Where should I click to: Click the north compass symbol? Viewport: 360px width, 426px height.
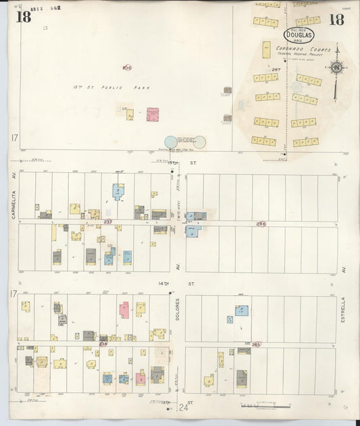pos(336,66)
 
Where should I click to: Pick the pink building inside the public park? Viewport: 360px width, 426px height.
pos(153,114)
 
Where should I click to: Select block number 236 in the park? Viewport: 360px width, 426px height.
pos(126,67)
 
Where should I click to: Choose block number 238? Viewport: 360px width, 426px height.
pos(103,344)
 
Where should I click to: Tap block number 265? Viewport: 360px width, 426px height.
pos(256,344)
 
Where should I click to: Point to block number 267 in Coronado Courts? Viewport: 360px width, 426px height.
pos(276,69)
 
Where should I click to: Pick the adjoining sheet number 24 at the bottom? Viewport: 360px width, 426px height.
pos(183,407)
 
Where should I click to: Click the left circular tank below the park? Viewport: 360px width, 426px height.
pos(171,142)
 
